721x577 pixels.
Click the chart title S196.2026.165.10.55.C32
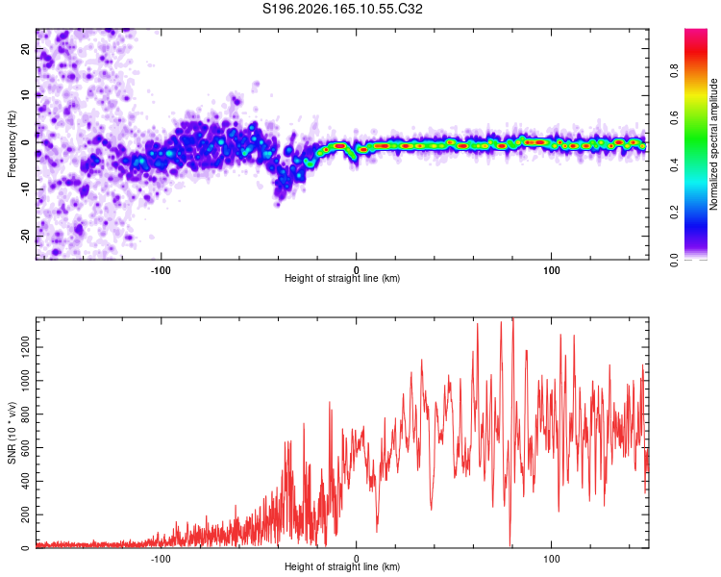pyautogui.click(x=342, y=9)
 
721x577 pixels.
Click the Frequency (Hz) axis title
pyautogui.click(x=12, y=143)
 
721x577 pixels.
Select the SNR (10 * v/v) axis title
pyautogui.click(x=12, y=433)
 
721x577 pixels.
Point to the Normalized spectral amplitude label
pyautogui.click(x=713, y=144)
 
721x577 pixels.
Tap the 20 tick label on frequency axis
pyautogui.click(x=25, y=48)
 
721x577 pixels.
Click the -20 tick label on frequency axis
pyautogui.click(x=25, y=236)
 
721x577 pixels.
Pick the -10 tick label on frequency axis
pyautogui.click(x=25, y=189)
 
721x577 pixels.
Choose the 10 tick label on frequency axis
pyautogui.click(x=25, y=95)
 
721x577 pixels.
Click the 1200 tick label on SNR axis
pyautogui.click(x=25, y=347)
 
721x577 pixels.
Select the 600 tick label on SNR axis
pyautogui.click(x=25, y=448)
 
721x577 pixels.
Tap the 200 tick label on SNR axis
pyautogui.click(x=25, y=514)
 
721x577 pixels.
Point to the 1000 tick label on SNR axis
pyautogui.click(x=25, y=381)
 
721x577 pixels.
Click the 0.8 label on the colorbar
pyautogui.click(x=674, y=71)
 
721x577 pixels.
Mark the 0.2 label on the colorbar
pyautogui.click(x=674, y=213)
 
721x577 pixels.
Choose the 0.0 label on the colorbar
pyautogui.click(x=674, y=260)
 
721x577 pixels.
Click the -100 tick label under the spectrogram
pyautogui.click(x=161, y=270)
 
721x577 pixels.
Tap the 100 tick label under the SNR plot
pyautogui.click(x=552, y=559)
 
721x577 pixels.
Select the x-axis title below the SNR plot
pyautogui.click(x=342, y=566)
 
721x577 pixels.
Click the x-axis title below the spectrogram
pyautogui.click(x=342, y=278)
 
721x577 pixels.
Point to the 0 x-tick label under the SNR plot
pyautogui.click(x=356, y=559)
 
